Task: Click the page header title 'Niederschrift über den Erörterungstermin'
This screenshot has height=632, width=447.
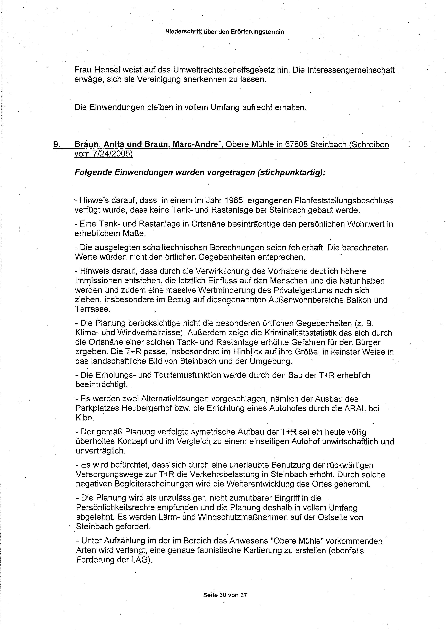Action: pyautogui.click(x=224, y=32)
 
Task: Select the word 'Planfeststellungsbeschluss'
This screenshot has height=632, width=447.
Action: pyautogui.click(x=344, y=201)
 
